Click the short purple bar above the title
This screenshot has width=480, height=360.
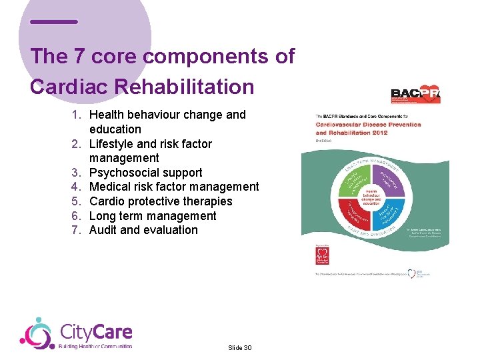(54, 22)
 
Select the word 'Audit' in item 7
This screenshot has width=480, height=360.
(103, 230)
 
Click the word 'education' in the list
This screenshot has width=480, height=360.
(115, 129)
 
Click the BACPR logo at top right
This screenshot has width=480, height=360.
(415, 95)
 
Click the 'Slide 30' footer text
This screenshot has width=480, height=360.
(239, 348)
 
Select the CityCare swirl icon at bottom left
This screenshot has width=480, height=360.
(37, 333)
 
